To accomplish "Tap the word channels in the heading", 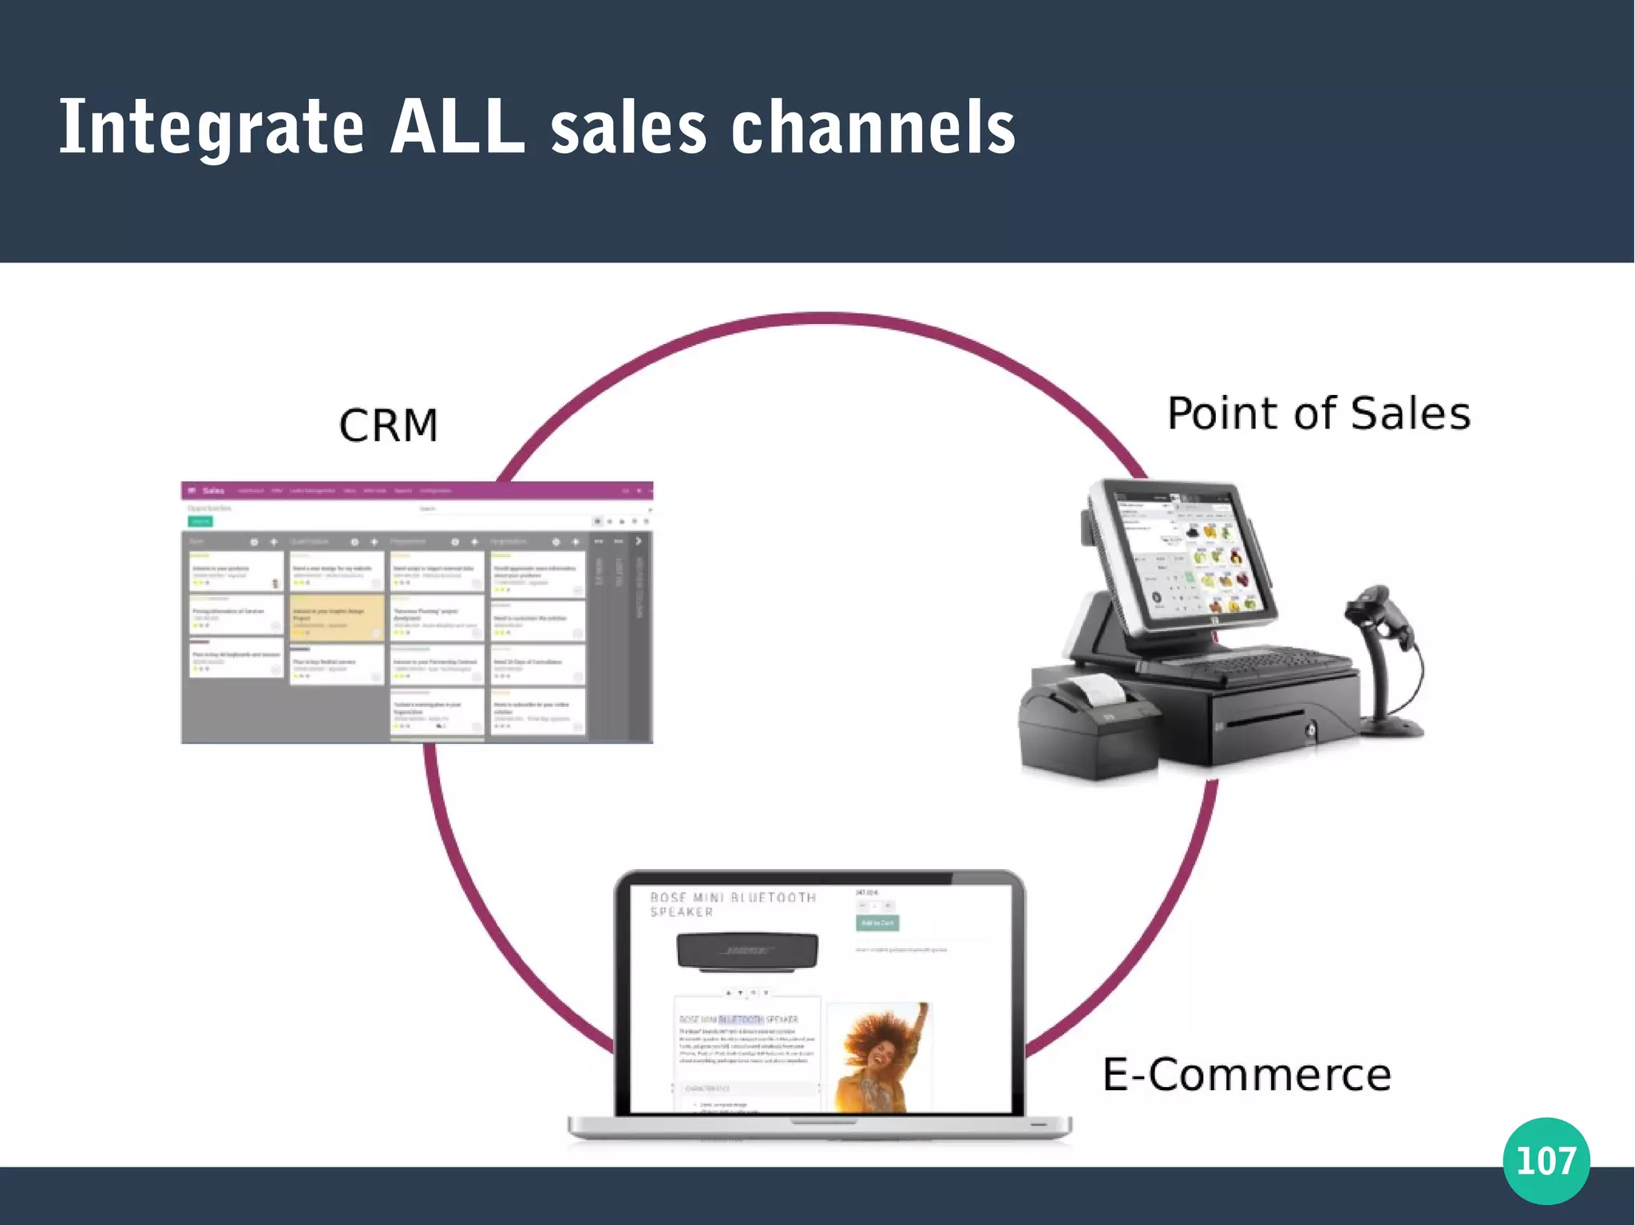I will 873,128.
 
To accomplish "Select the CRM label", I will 389,425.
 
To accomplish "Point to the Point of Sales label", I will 1318,413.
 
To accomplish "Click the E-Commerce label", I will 1246,1074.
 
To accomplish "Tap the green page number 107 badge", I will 1546,1160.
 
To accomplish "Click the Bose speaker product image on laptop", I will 747,951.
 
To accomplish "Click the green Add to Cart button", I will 877,923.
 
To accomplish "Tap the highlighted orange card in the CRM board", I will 336,617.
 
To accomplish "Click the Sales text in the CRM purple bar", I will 213,491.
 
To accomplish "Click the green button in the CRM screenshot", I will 200,521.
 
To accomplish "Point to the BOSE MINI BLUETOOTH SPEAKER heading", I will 733,904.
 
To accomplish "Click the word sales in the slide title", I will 628,128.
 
